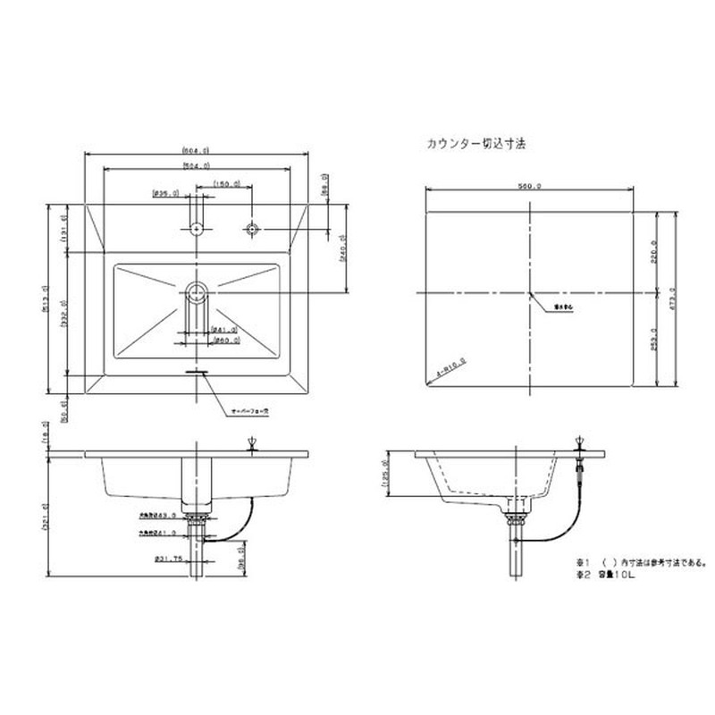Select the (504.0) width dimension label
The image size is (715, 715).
196,165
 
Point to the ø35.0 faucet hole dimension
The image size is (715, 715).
166,193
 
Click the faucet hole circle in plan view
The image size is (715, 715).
196,229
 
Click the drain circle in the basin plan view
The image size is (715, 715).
196,290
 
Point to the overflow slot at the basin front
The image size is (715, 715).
196,369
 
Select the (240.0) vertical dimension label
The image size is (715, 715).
343,257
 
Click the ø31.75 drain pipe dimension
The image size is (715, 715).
169,559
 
